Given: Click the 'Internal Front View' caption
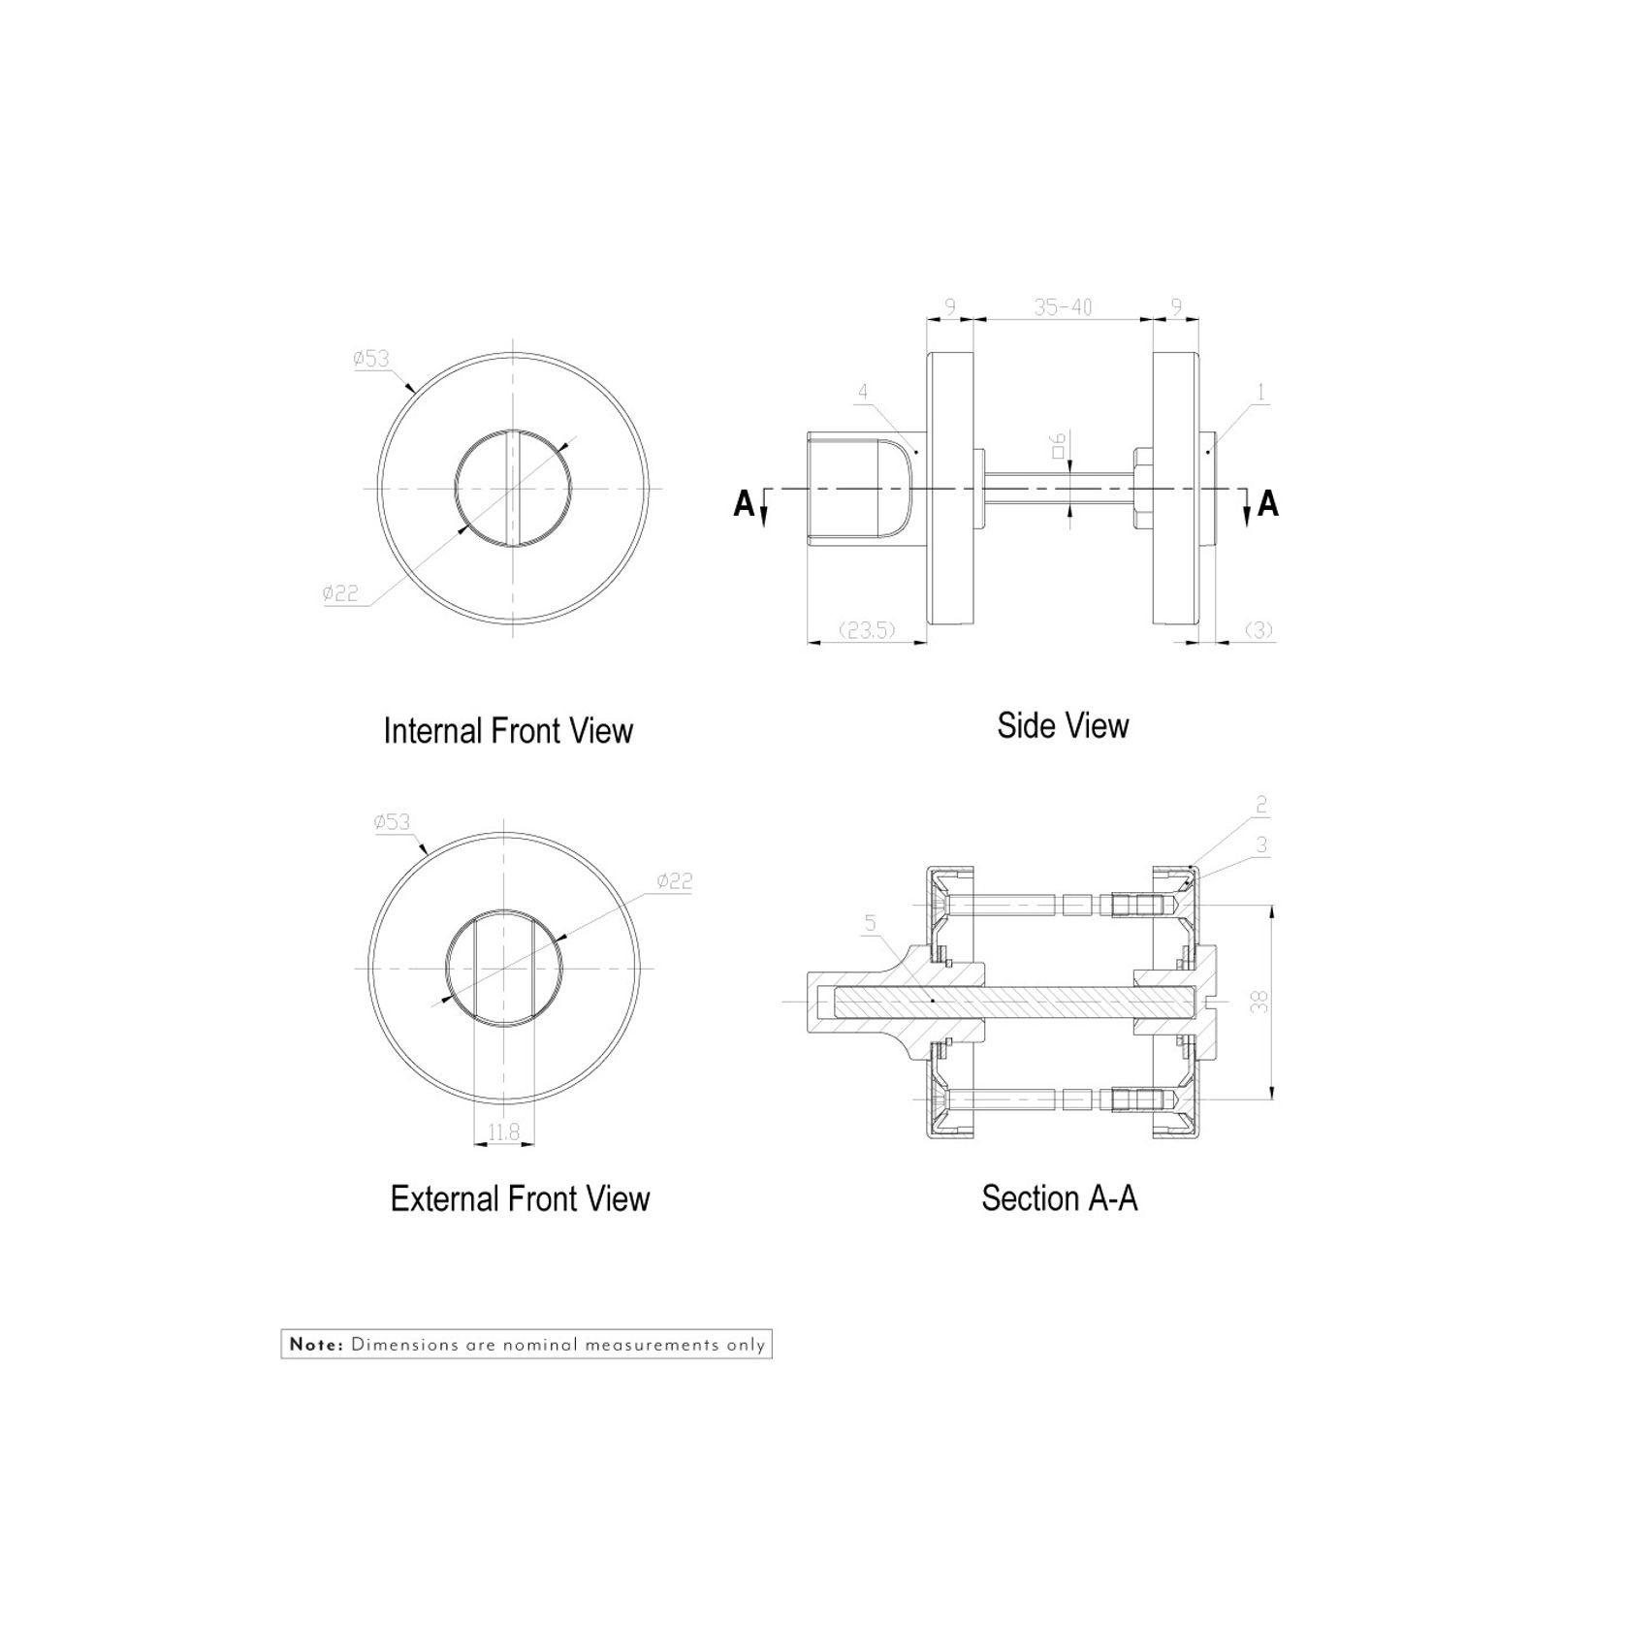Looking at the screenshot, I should pyautogui.click(x=508, y=731).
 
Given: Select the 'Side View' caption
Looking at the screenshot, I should pyautogui.click(x=1063, y=725).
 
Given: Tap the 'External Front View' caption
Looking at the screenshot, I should pyautogui.click(x=520, y=1199).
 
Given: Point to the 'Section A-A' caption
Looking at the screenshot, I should pyautogui.click(x=1059, y=1198).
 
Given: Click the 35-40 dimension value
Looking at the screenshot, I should pyautogui.click(x=1063, y=307).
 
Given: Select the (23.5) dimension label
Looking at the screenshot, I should pyautogui.click(x=866, y=630).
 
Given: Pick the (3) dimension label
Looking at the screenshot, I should pyautogui.click(x=1258, y=630).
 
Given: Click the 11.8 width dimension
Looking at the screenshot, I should pyautogui.click(x=504, y=1131).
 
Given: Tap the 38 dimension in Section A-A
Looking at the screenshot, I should pyautogui.click(x=1259, y=1002).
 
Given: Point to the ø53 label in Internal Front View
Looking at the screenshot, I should pyautogui.click(x=371, y=359).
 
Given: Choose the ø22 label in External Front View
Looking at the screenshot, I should pyautogui.click(x=674, y=881).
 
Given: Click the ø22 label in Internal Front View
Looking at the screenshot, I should pyautogui.click(x=340, y=593).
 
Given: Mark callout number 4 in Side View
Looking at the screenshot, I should pyautogui.click(x=863, y=392).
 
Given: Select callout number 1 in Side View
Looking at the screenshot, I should pyautogui.click(x=1260, y=392).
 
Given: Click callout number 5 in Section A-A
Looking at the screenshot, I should pyautogui.click(x=870, y=923).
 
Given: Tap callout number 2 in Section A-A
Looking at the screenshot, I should pyautogui.click(x=1261, y=805).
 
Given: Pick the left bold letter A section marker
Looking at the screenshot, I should pyautogui.click(x=744, y=504).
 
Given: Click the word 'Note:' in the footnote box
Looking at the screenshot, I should pyautogui.click(x=316, y=1345).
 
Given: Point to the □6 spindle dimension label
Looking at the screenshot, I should pyautogui.click(x=1059, y=445).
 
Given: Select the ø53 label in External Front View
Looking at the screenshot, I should pyautogui.click(x=392, y=822).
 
